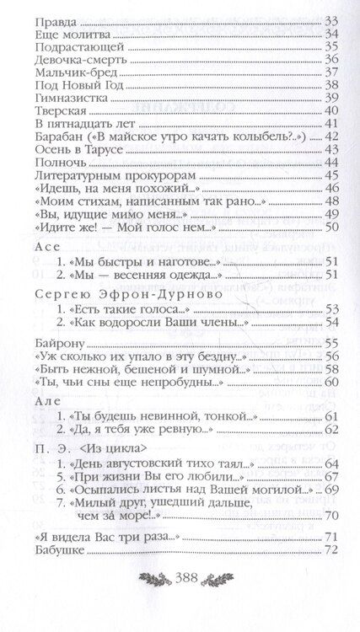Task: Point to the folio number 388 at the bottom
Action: click(180, 602)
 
